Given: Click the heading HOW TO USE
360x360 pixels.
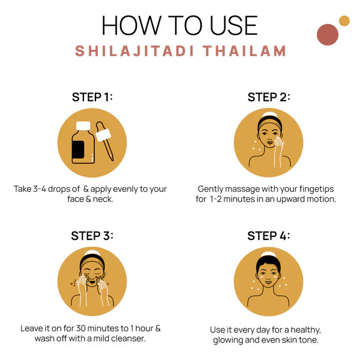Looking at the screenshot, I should click(180, 25).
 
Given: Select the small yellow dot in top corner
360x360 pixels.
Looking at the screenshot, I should click(344, 21).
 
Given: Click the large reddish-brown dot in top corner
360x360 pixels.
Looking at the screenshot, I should click(328, 34).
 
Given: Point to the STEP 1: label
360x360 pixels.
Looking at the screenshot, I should click(92, 97).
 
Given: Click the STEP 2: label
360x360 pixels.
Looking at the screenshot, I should click(269, 97).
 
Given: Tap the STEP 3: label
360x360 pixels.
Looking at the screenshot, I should click(92, 235).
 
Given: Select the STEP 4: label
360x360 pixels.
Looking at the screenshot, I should click(269, 235).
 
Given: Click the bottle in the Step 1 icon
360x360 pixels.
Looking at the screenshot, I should click(82, 144).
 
